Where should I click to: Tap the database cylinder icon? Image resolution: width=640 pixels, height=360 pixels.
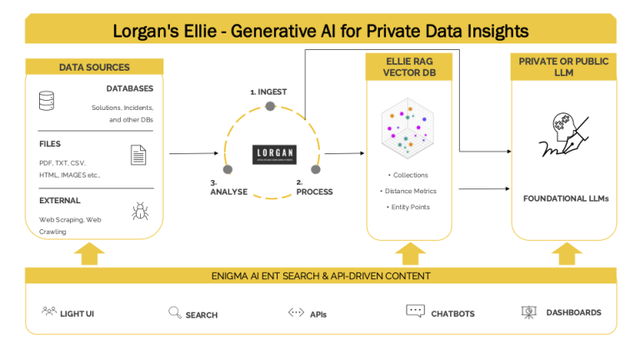(x=47, y=102)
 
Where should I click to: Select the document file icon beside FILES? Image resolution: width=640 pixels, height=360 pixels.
(x=138, y=154)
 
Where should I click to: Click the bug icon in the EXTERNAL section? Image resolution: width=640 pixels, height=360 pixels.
(x=139, y=212)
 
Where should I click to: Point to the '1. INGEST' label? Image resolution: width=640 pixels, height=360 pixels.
(x=270, y=90)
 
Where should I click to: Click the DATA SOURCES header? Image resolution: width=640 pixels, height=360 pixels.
(x=94, y=67)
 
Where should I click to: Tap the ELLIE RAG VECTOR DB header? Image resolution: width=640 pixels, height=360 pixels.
(x=408, y=67)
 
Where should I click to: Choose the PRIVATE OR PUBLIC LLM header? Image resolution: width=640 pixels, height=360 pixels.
(x=563, y=67)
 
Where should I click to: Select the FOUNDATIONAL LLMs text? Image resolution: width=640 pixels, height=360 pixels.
(x=563, y=198)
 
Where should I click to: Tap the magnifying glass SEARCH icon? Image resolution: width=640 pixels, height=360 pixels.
(x=175, y=312)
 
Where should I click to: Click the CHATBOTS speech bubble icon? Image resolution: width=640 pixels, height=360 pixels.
(x=415, y=312)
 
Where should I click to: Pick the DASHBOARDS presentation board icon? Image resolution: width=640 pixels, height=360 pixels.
(x=527, y=312)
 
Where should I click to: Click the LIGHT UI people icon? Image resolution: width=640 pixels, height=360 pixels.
(x=48, y=312)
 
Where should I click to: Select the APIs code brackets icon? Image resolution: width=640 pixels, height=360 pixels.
(x=296, y=312)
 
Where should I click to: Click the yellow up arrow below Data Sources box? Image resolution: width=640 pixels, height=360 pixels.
(x=89, y=252)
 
